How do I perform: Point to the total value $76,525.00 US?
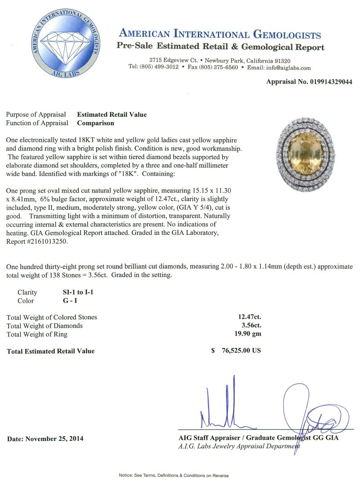point(236,351)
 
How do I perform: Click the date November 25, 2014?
point(45,438)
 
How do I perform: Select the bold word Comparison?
point(95,123)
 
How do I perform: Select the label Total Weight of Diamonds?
point(44,326)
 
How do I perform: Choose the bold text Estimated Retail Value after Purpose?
point(112,115)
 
